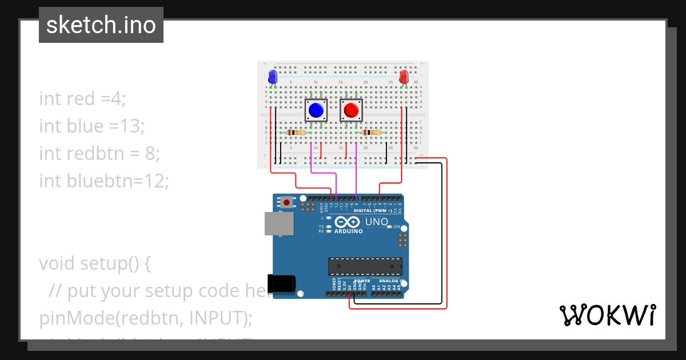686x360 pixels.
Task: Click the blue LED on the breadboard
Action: (273, 76)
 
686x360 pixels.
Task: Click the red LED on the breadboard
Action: (404, 77)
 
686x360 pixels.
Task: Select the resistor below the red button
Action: (372, 133)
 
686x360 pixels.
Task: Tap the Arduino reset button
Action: (286, 202)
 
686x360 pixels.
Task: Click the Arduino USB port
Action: (279, 223)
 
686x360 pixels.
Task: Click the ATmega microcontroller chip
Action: (365, 266)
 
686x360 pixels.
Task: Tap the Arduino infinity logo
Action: (348, 222)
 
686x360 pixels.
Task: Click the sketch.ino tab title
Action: (101, 25)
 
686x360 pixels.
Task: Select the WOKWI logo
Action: (607, 315)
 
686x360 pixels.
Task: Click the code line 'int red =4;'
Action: (82, 98)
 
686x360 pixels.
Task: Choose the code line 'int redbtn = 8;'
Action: (99, 153)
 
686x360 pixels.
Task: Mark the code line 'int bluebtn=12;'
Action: (104, 181)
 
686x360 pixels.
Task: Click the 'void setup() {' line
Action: (95, 263)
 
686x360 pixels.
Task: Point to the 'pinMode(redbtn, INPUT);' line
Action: (145, 318)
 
